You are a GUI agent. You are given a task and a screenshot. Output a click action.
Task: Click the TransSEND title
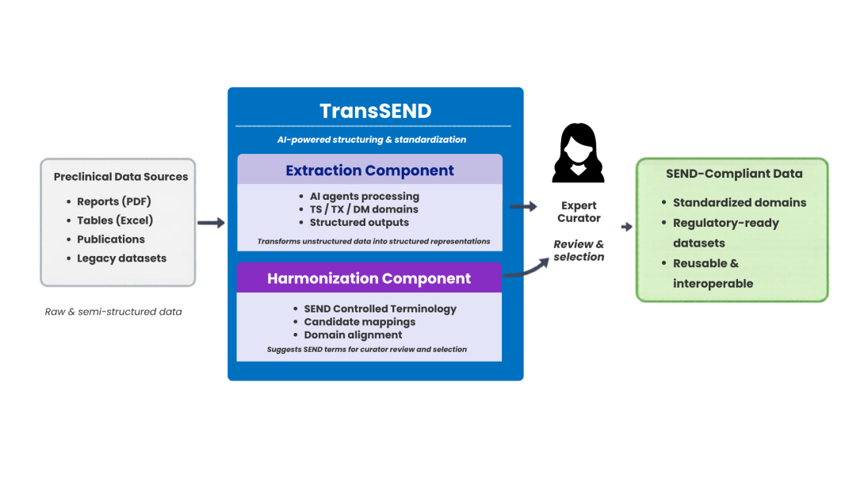[x=375, y=111]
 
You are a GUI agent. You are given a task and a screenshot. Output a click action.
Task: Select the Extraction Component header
[x=369, y=170]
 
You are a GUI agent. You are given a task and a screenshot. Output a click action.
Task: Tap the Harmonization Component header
[x=369, y=278]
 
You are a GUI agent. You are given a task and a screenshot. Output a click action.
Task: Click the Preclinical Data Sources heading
[x=120, y=177]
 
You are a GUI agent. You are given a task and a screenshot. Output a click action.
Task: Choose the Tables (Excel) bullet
[x=115, y=220]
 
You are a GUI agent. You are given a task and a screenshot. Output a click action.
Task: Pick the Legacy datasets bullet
[x=121, y=258]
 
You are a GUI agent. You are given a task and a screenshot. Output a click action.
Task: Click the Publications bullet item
[x=111, y=239]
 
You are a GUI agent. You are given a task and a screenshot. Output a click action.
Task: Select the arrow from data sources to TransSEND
[x=212, y=224]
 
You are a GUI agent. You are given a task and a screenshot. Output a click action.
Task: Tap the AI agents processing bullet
[x=364, y=196]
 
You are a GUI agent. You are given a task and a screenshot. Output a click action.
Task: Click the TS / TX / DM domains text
[x=364, y=209]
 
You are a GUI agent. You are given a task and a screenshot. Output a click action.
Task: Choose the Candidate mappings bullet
[x=359, y=322]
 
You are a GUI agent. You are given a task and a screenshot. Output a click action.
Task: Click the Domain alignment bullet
[x=353, y=335]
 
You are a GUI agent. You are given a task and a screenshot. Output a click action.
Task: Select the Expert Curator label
[x=579, y=212]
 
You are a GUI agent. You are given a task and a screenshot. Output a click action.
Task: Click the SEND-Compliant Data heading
[x=733, y=174]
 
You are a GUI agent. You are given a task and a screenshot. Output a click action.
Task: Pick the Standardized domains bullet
[x=739, y=202]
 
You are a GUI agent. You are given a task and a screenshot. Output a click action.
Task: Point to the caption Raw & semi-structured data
[x=113, y=312]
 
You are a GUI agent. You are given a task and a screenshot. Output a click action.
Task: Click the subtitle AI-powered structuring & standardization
[x=371, y=140]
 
